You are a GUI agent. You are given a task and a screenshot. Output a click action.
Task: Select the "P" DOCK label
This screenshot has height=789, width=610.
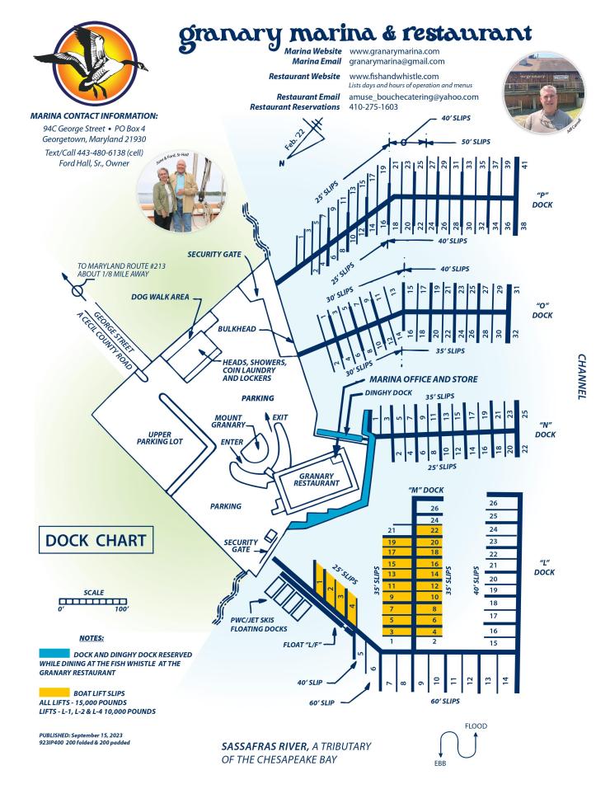coord(542,201)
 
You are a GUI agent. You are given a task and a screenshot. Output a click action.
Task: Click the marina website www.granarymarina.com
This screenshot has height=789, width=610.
coord(394,51)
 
